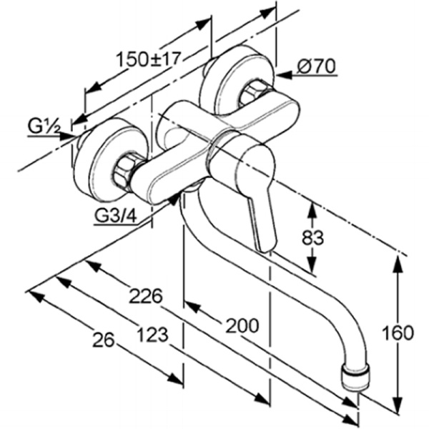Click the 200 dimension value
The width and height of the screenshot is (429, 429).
(242, 325)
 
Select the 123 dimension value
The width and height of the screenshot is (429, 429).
(152, 333)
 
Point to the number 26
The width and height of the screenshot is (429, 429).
(104, 341)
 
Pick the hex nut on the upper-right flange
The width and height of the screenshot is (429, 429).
(254, 94)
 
